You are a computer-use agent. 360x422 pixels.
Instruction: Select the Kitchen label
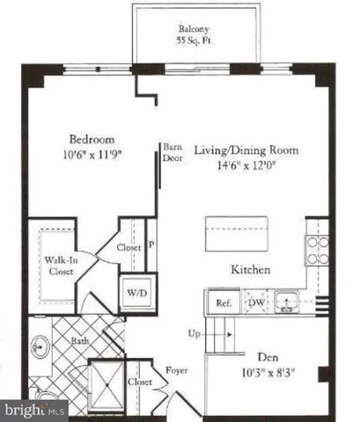point(249,270)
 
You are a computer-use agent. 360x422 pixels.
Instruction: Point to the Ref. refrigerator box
point(222,304)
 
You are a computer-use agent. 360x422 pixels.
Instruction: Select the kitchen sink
point(286,304)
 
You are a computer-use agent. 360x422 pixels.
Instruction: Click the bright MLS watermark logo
point(34,410)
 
